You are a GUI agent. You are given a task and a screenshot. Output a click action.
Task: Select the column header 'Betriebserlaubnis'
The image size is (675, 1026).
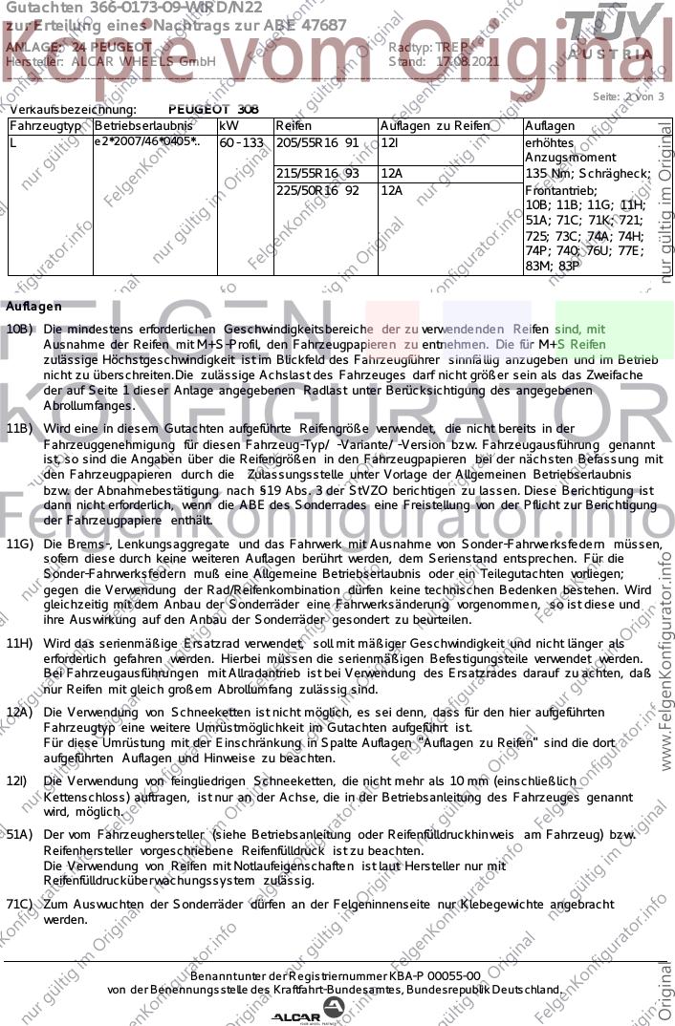click(x=134, y=126)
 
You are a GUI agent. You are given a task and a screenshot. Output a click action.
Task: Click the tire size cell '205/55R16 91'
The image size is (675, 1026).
click(x=316, y=142)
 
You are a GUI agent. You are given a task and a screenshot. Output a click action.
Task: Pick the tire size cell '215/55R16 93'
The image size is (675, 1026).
click(x=316, y=173)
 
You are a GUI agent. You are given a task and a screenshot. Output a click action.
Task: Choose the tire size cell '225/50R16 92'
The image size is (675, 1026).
click(x=316, y=190)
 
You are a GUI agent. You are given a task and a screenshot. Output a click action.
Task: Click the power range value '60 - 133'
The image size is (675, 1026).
click(x=241, y=142)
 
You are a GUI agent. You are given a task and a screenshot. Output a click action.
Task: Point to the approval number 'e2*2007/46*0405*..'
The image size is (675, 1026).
click(x=147, y=142)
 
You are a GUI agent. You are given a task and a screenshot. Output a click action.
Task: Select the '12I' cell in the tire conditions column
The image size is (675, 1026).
click(x=390, y=142)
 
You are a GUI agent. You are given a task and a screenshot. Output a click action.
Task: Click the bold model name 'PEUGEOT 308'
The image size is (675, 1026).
click(x=213, y=110)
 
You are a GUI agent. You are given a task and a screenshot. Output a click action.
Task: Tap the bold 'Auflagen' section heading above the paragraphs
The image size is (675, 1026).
click(x=33, y=307)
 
